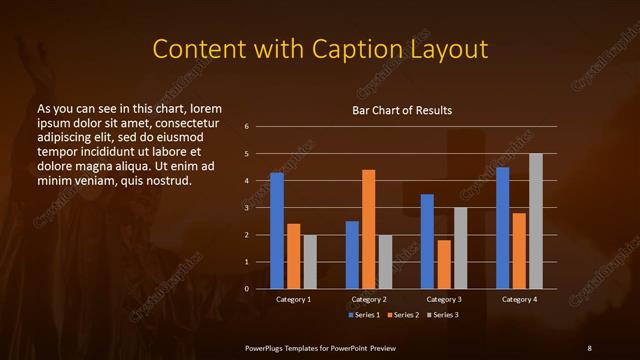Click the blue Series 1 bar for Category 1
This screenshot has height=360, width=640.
(277, 231)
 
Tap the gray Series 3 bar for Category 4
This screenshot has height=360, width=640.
(535, 221)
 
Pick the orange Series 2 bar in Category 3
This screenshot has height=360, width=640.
(443, 264)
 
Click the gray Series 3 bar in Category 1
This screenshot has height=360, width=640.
(310, 262)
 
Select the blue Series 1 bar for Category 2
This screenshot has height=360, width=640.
(352, 255)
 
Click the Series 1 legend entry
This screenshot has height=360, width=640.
(364, 315)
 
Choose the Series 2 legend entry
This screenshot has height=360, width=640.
(403, 315)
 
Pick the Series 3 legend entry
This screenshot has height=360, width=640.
(443, 315)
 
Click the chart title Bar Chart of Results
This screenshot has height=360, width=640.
(403, 110)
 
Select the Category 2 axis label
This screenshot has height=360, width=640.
(369, 299)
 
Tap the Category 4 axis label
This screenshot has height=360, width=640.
(518, 299)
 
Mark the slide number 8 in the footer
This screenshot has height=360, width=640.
(589, 347)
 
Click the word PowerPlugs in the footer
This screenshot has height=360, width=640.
(267, 347)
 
